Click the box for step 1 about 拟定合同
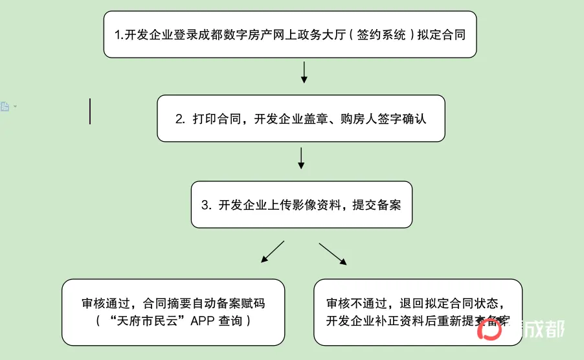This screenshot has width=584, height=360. pyautogui.click(x=290, y=34)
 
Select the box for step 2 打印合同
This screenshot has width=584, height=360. pyautogui.click(x=300, y=118)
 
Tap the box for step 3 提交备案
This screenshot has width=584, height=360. pyautogui.click(x=301, y=205)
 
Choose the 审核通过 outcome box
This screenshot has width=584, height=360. pyautogui.click(x=174, y=312)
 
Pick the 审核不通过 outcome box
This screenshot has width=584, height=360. pyautogui.click(x=418, y=312)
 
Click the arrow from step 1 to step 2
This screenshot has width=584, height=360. pyautogui.click(x=304, y=73)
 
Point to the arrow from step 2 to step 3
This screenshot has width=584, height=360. pyautogui.click(x=301, y=157)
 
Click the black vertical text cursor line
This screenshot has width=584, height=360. pyautogui.click(x=90, y=111)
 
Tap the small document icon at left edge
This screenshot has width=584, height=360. pyautogui.click(x=5, y=106)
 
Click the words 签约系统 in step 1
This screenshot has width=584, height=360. pyautogui.click(x=383, y=36)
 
